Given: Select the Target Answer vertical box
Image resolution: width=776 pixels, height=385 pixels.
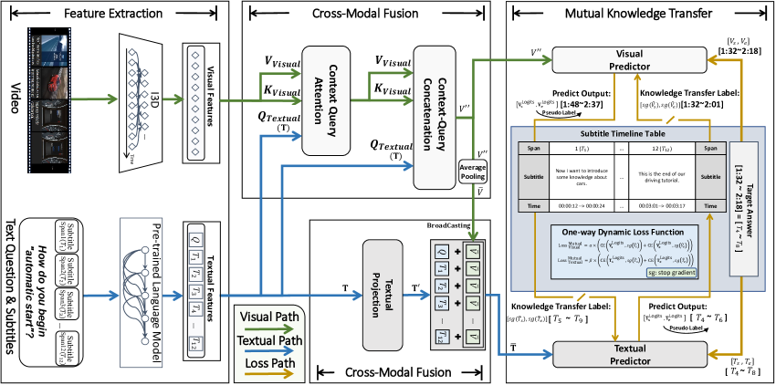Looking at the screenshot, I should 742,195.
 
